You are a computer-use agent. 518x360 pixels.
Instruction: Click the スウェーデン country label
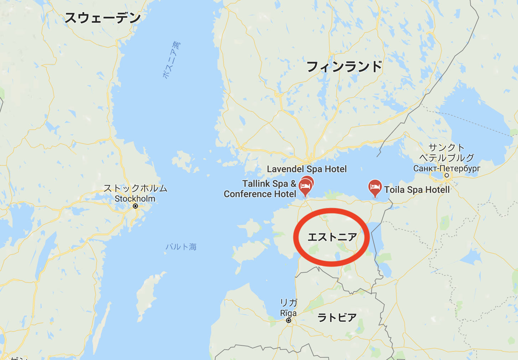click(x=103, y=18)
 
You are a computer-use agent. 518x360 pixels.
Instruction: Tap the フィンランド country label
click(x=344, y=67)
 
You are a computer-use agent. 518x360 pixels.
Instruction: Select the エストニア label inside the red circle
click(x=332, y=237)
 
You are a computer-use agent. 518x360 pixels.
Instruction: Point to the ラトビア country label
click(x=337, y=317)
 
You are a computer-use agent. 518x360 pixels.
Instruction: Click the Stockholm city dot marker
click(x=135, y=206)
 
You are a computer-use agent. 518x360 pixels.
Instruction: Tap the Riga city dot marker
click(x=289, y=320)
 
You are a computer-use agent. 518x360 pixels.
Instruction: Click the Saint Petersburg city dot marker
click(x=446, y=175)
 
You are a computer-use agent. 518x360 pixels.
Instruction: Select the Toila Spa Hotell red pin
click(x=374, y=187)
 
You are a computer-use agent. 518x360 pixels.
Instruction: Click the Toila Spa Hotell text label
click(x=417, y=190)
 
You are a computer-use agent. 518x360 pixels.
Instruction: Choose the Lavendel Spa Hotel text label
click(x=307, y=169)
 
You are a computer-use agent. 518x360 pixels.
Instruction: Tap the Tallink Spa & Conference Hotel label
click(x=260, y=189)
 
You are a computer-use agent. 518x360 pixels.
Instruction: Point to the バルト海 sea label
click(x=181, y=247)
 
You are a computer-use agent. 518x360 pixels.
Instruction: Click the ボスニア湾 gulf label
click(x=171, y=60)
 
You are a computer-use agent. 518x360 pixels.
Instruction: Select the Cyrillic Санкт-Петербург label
click(x=447, y=168)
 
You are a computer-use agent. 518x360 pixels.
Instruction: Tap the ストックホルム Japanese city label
click(x=135, y=188)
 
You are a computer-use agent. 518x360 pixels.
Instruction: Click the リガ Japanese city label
click(x=289, y=303)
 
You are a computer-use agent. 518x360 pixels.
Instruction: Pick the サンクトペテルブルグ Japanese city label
click(x=447, y=153)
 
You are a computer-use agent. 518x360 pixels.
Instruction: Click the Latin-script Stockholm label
click(x=135, y=199)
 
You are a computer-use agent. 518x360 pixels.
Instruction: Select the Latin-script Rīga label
click(x=288, y=313)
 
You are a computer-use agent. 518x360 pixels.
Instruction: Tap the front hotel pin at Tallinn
click(x=305, y=186)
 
